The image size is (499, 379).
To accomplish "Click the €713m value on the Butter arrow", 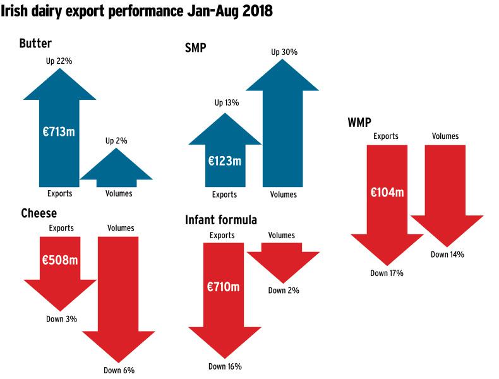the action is [59, 131].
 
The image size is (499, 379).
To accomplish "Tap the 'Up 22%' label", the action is [59, 61].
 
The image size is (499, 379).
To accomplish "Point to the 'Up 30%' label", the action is [284, 52].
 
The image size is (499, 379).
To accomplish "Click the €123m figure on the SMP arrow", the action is [225, 161].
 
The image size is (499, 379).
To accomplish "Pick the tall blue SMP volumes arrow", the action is [282, 123].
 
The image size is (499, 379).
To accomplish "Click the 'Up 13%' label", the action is [227, 102].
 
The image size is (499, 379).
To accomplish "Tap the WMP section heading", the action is [359, 122].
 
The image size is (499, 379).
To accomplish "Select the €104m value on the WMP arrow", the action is [387, 192].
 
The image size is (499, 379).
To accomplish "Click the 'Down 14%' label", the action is [447, 255].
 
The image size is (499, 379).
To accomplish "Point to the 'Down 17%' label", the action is [387, 273].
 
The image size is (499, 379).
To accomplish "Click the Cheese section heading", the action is [39, 214].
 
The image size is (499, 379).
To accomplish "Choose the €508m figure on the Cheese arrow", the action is [60, 260].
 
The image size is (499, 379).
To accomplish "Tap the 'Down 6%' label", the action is [119, 370].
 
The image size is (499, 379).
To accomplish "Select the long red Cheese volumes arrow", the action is [118, 299].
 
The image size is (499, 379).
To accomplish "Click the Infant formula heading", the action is [221, 220].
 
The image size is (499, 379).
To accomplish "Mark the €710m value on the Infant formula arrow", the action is [223, 287].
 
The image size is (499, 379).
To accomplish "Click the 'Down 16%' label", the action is [225, 366].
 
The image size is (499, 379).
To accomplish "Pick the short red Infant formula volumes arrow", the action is [283, 263].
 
